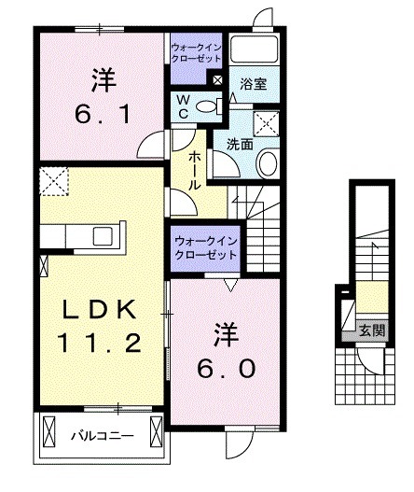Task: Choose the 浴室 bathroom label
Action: click(253, 83)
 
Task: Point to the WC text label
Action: click(184, 104)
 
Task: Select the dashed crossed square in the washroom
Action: click(268, 123)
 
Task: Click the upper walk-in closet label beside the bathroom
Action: click(196, 50)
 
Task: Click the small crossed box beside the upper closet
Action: click(217, 81)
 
